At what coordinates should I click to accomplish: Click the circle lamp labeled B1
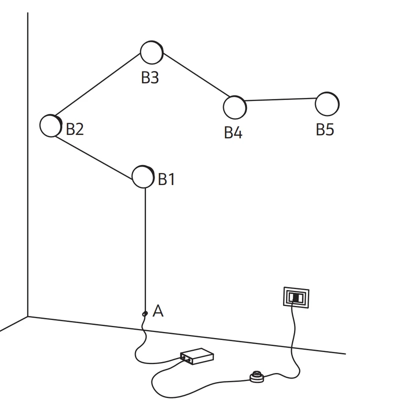click(143, 177)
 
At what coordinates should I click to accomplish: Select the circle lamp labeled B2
click(51, 125)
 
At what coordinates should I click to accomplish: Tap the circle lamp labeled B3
click(151, 52)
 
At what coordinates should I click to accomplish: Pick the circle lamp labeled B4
click(235, 107)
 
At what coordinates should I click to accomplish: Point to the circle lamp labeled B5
click(327, 104)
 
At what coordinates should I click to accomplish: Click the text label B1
click(166, 179)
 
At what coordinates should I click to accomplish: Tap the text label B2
click(75, 129)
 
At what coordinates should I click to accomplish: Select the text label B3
click(150, 77)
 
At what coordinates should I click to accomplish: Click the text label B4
click(233, 132)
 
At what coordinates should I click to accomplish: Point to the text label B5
click(325, 129)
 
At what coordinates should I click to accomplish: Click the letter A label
click(158, 311)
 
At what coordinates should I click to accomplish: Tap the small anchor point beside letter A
click(145, 314)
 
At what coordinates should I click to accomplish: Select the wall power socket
click(296, 297)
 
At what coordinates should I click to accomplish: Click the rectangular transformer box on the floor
click(197, 356)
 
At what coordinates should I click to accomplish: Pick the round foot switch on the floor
click(257, 377)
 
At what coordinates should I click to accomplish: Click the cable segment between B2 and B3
click(98, 84)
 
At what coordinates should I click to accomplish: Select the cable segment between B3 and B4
click(196, 75)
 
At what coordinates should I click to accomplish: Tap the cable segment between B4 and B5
click(280, 99)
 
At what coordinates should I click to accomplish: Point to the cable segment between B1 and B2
click(94, 158)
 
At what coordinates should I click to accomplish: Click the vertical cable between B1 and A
click(145, 249)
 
